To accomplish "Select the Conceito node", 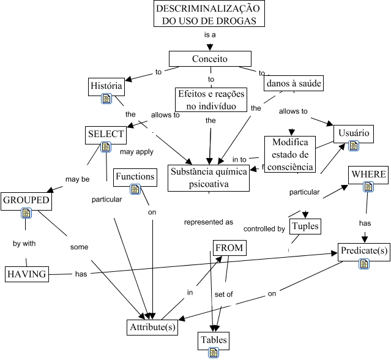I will tap(210, 59).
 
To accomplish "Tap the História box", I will tap(106, 86).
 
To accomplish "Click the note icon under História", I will tap(106, 99).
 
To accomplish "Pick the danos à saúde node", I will tap(293, 83).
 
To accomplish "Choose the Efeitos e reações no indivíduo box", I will tap(210, 100).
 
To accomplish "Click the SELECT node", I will tap(106, 134).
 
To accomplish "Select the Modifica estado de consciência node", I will tap(290, 154).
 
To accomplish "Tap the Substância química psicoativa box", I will tap(209, 178).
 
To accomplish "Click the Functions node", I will tap(135, 177).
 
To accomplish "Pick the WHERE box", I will tap(368, 174).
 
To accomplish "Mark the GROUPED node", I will tap(26, 200).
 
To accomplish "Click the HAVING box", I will tap(26, 274).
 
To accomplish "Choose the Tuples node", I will tap(305, 227).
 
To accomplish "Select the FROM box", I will tap(229, 248).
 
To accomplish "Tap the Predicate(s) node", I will tap(363, 251).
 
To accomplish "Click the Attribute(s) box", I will tap(152, 327).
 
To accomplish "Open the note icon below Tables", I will tap(213, 352).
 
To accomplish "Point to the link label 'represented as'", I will tap(209, 222).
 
